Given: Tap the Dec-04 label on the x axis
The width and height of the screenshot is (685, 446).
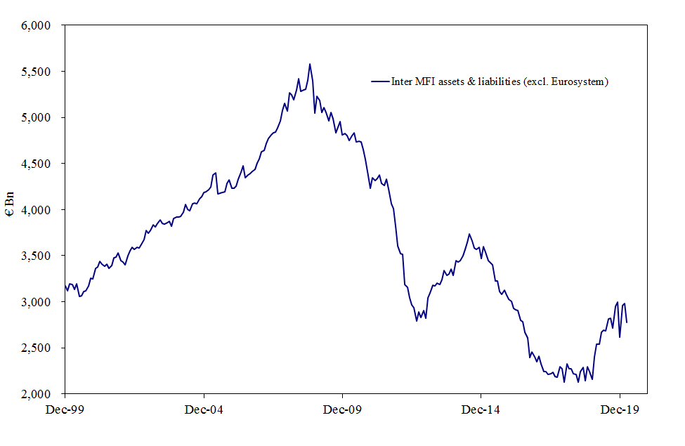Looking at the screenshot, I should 203,407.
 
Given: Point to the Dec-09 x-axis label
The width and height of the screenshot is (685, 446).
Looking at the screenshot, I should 342,407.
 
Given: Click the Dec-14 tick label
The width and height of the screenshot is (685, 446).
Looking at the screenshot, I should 481,407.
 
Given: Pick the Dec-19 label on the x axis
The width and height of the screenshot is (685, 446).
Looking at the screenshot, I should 620,407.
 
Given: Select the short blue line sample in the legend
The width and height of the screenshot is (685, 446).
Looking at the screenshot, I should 380,82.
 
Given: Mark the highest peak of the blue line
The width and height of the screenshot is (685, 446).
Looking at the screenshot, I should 310,64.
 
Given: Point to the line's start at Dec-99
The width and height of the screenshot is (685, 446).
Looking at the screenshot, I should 65,284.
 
